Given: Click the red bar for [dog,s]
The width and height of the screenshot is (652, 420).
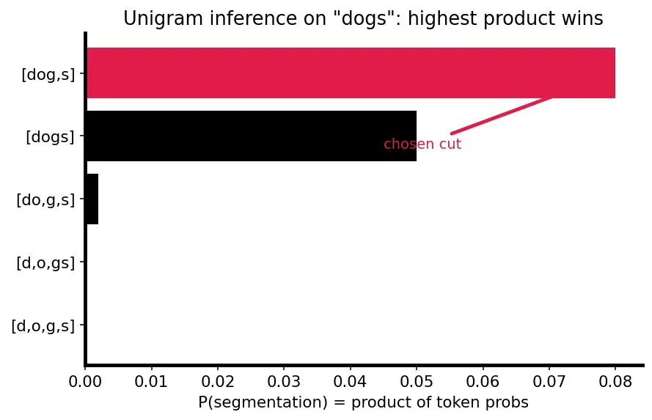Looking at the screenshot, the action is (x=351, y=73).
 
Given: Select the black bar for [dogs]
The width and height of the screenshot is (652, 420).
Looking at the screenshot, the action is (x=251, y=136).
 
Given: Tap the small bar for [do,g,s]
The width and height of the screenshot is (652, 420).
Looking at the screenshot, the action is (x=92, y=199).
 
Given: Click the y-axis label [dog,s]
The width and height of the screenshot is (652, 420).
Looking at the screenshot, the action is (x=48, y=75).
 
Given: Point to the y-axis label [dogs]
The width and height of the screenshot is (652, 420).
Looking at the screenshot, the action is (x=51, y=137).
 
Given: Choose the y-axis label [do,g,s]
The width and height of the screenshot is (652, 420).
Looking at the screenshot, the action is (x=45, y=200).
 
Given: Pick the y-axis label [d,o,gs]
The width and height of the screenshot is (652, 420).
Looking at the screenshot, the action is (x=45, y=263).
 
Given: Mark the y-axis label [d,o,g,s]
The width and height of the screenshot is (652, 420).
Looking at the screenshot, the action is (x=43, y=326).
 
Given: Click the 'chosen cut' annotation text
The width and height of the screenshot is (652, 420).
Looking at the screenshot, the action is (x=422, y=144).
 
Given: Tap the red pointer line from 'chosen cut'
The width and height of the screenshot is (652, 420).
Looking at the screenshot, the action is (x=502, y=116).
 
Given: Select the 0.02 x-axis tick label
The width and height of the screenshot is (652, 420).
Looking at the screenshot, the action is (x=218, y=381).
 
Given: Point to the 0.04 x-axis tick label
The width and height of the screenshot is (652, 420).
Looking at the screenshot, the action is (x=350, y=381).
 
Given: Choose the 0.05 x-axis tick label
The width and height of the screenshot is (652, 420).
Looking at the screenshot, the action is (x=417, y=381).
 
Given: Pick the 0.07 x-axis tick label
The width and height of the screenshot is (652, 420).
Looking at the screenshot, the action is (x=549, y=381).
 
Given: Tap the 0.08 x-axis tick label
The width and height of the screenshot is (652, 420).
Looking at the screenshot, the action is (x=615, y=381).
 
